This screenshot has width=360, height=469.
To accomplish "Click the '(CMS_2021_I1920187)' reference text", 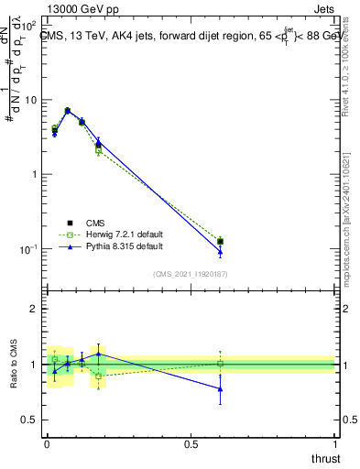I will [x=191, y=274].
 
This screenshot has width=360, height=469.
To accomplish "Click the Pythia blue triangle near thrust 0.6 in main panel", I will [x=220, y=252].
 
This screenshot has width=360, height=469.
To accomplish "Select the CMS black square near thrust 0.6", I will [x=220, y=242].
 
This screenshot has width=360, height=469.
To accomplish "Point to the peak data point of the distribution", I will [x=67, y=111].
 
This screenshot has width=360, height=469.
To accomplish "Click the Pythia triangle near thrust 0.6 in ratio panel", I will [x=220, y=388].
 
